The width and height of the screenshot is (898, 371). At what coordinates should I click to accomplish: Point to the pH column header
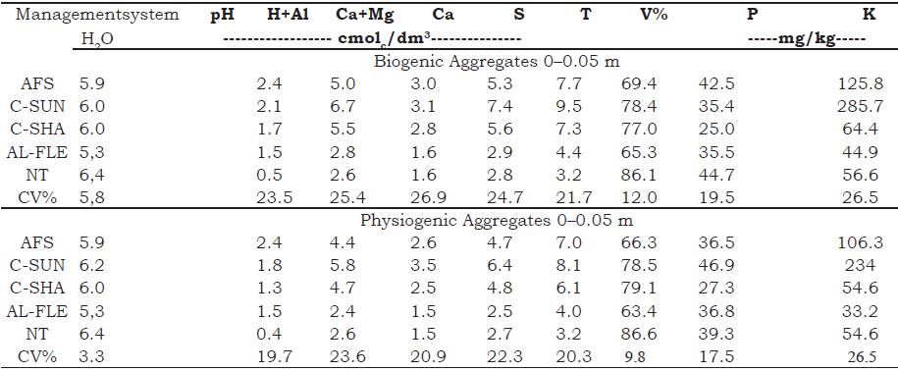pyautogui.click(x=222, y=16)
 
